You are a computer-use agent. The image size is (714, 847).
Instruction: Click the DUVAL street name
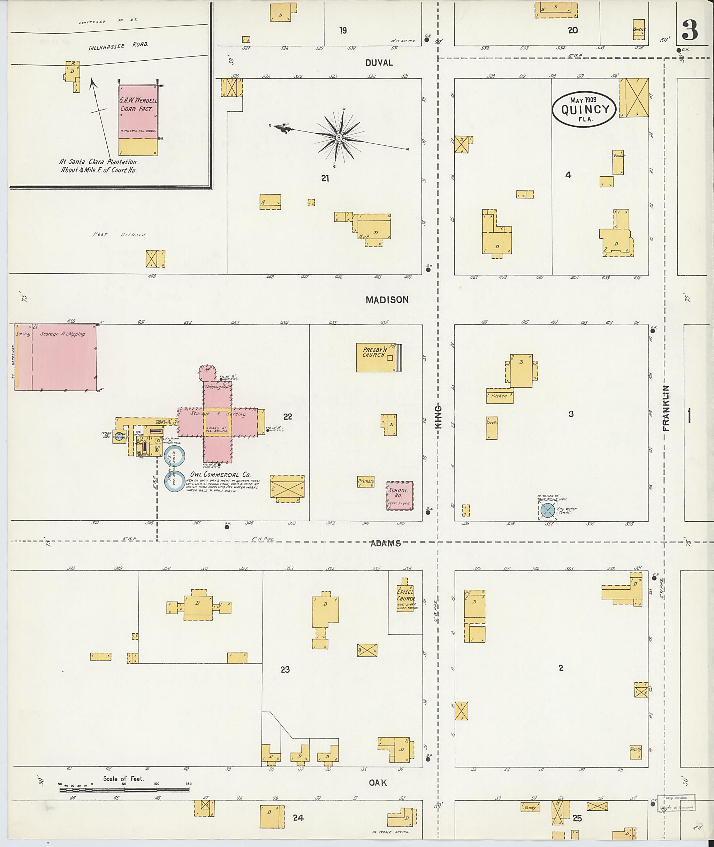(x=379, y=63)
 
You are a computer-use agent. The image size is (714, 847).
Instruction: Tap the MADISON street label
(x=387, y=300)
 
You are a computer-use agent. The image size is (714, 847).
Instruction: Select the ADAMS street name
(x=386, y=543)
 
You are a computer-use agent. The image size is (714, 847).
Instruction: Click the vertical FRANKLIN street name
(x=666, y=408)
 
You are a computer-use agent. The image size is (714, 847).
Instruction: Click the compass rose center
(x=339, y=138)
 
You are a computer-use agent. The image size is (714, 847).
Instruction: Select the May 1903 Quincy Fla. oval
(x=584, y=109)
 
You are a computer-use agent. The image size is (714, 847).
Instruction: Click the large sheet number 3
(x=690, y=30)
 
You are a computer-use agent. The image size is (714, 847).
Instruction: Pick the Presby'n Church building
(x=375, y=357)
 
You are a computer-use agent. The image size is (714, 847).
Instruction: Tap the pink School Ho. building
(x=399, y=496)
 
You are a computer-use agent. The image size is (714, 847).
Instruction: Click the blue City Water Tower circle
(x=548, y=511)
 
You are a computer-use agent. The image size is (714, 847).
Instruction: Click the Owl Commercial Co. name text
(x=220, y=475)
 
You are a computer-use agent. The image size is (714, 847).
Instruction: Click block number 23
(x=285, y=670)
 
